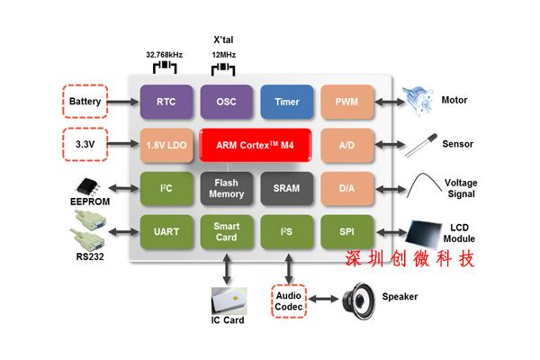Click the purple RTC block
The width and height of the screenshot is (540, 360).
pyautogui.click(x=166, y=102)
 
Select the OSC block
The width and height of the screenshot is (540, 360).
pyautogui.click(x=226, y=102)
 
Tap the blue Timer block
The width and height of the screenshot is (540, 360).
pyautogui.click(x=286, y=102)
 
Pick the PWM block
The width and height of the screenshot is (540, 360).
pyautogui.click(x=346, y=102)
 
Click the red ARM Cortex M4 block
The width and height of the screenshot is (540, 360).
pyautogui.click(x=256, y=145)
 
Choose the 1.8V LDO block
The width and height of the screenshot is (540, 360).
pyautogui.click(x=166, y=145)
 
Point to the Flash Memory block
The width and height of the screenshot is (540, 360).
pyautogui.click(x=226, y=187)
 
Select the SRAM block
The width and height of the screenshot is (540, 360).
pyautogui.click(x=286, y=187)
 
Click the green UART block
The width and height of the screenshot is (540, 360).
pyautogui.click(x=166, y=231)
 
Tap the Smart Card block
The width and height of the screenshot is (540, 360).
pyautogui.click(x=226, y=231)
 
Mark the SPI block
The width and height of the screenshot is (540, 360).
pyautogui.click(x=346, y=231)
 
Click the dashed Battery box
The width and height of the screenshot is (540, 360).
pyautogui.click(x=85, y=101)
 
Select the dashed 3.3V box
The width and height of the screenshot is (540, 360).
pyautogui.click(x=85, y=144)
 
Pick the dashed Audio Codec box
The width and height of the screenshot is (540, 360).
pyautogui.click(x=288, y=300)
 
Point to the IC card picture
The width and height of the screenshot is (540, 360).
pyautogui.click(x=227, y=299)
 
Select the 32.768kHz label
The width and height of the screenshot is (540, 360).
pyautogui.click(x=165, y=54)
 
